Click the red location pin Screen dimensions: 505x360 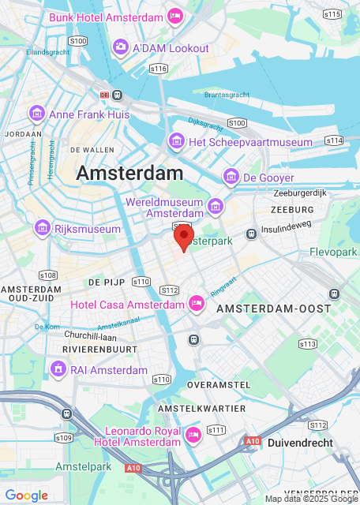click(183, 237)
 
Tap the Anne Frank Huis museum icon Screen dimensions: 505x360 click(36, 114)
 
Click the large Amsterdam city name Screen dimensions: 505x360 click(129, 173)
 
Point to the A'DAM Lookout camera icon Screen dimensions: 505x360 click(120, 48)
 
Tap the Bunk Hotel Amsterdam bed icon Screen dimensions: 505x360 click(175, 16)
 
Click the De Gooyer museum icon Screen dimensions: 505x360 click(231, 178)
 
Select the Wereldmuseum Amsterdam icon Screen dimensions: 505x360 click(215, 207)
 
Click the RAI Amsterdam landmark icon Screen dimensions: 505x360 click(57, 370)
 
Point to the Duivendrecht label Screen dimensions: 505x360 click(301, 443)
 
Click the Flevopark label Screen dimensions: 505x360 click(334, 252)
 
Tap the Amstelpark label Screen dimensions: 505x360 click(82, 467)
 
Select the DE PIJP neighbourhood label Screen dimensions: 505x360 click(104, 282)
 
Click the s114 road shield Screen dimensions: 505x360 click(334, 140)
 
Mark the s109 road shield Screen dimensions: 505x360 click(64, 437)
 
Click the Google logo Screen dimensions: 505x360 click(26, 496)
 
